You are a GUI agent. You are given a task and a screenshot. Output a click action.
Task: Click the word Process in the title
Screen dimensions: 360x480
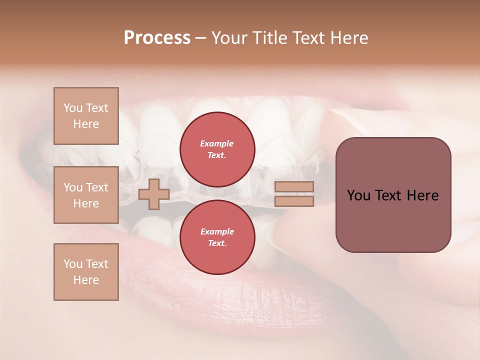point(157,38)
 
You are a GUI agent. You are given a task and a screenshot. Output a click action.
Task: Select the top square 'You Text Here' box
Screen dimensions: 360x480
point(86,116)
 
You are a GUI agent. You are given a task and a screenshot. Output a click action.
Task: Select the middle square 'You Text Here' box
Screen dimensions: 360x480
point(86,195)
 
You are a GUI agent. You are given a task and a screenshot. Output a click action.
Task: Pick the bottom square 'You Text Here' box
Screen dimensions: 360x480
point(86,272)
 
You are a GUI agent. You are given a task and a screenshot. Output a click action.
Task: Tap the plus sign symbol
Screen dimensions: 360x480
point(153,194)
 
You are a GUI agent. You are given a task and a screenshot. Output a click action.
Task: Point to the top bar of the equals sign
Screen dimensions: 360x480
point(294,186)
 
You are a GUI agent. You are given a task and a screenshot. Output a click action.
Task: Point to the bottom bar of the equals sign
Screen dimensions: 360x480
point(294,201)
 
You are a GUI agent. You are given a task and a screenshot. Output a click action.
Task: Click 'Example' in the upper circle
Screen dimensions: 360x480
point(217,143)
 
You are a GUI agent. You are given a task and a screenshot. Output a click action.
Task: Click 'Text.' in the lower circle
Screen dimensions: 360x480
point(217,243)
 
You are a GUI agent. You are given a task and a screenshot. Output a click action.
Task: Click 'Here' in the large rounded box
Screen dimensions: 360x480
point(422,195)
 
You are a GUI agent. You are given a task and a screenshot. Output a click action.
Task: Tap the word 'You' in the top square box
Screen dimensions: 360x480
point(73,108)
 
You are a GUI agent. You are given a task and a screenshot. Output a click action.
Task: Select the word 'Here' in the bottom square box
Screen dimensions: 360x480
point(86,280)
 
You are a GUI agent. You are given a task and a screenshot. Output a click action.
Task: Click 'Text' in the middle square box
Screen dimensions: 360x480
point(97,187)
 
